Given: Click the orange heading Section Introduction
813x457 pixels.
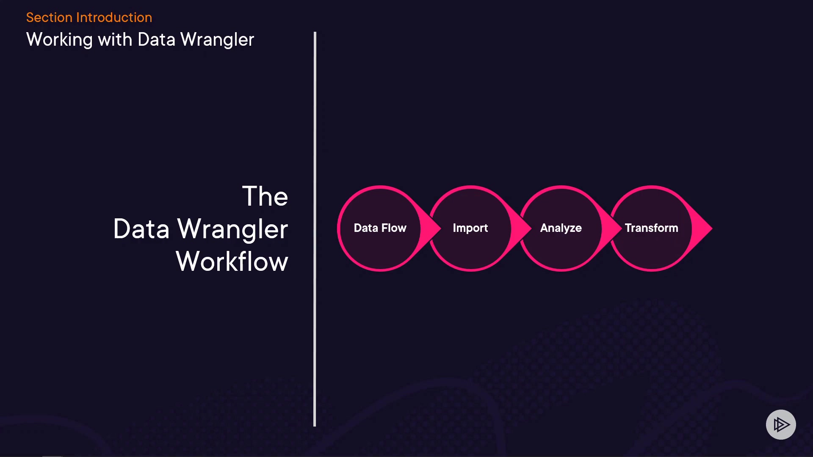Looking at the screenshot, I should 89,17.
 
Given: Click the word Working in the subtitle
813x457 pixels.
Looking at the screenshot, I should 59,40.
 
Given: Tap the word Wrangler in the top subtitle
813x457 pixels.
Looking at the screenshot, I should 217,40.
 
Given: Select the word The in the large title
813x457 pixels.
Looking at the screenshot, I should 265,196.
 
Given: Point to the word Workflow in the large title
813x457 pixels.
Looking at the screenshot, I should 232,261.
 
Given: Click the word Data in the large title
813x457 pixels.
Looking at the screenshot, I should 141,229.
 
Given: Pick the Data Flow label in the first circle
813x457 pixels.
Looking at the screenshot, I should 380,228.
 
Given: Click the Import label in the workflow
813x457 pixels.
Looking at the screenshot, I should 470,228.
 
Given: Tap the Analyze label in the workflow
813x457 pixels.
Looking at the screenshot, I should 561,228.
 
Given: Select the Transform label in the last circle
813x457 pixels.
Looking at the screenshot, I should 651,228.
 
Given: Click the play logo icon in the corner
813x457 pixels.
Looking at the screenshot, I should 781,424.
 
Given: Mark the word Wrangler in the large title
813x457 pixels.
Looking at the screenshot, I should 232,229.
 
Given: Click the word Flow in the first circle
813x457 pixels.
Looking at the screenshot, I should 394,228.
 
